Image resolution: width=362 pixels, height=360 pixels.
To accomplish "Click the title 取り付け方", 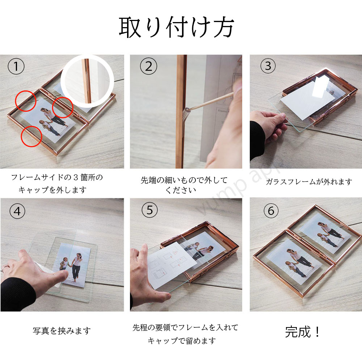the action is click(177, 27).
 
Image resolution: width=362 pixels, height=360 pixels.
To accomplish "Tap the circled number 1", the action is click(16, 66).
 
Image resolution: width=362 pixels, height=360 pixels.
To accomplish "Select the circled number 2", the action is click(148, 66).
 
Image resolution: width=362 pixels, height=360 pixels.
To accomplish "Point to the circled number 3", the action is click(268, 66).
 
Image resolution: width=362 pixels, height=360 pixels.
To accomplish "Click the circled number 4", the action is click(17, 211).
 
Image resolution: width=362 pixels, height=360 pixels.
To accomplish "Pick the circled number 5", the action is click(150, 210).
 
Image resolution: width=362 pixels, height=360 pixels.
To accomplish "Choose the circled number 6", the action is click(271, 211).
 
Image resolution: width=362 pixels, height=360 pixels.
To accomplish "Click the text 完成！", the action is click(302, 332).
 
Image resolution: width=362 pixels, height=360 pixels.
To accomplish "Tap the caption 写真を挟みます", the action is click(62, 331).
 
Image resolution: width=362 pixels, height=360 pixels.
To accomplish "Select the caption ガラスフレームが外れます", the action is click(309, 182).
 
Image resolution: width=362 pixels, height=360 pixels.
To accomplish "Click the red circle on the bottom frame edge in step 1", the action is click(31, 136).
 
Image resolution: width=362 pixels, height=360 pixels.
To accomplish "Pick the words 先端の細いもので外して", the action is click(184, 180).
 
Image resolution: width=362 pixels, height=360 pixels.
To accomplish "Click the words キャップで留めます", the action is click(182, 341).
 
